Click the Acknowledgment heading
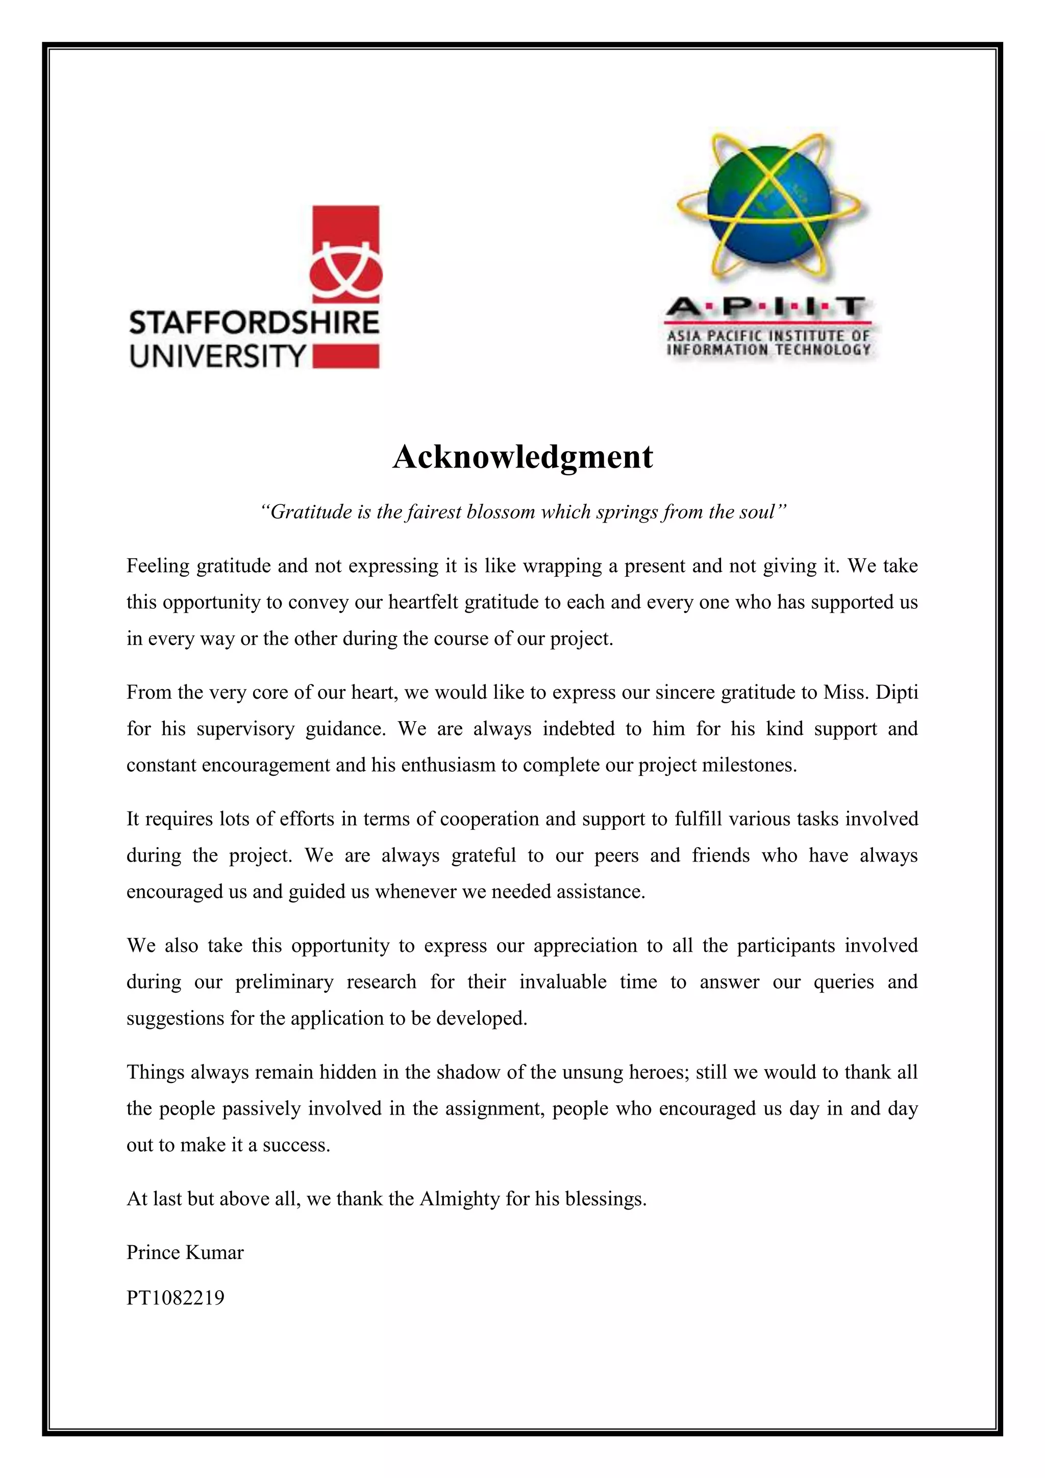coord(522,458)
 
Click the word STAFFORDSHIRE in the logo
coord(254,323)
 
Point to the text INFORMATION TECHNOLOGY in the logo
coord(768,350)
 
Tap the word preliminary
coord(284,982)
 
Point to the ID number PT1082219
coord(176,1298)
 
